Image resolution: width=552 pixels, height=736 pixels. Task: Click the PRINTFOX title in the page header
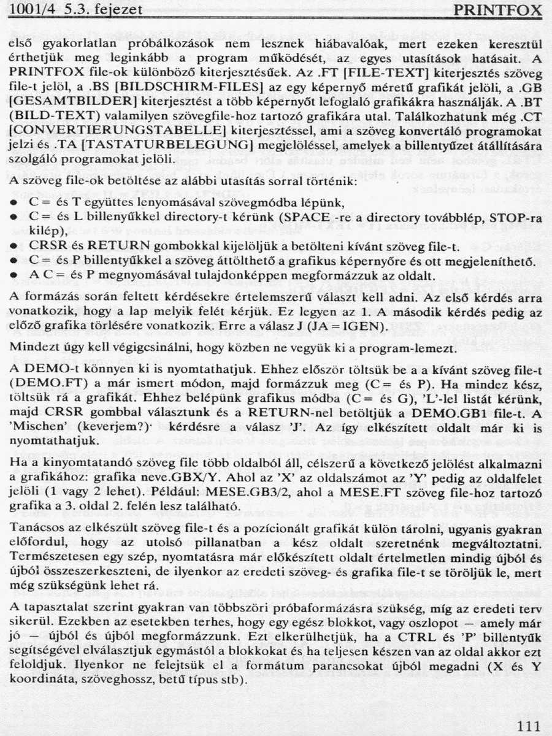(499, 10)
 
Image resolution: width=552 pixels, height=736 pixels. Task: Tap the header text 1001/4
(30, 10)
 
